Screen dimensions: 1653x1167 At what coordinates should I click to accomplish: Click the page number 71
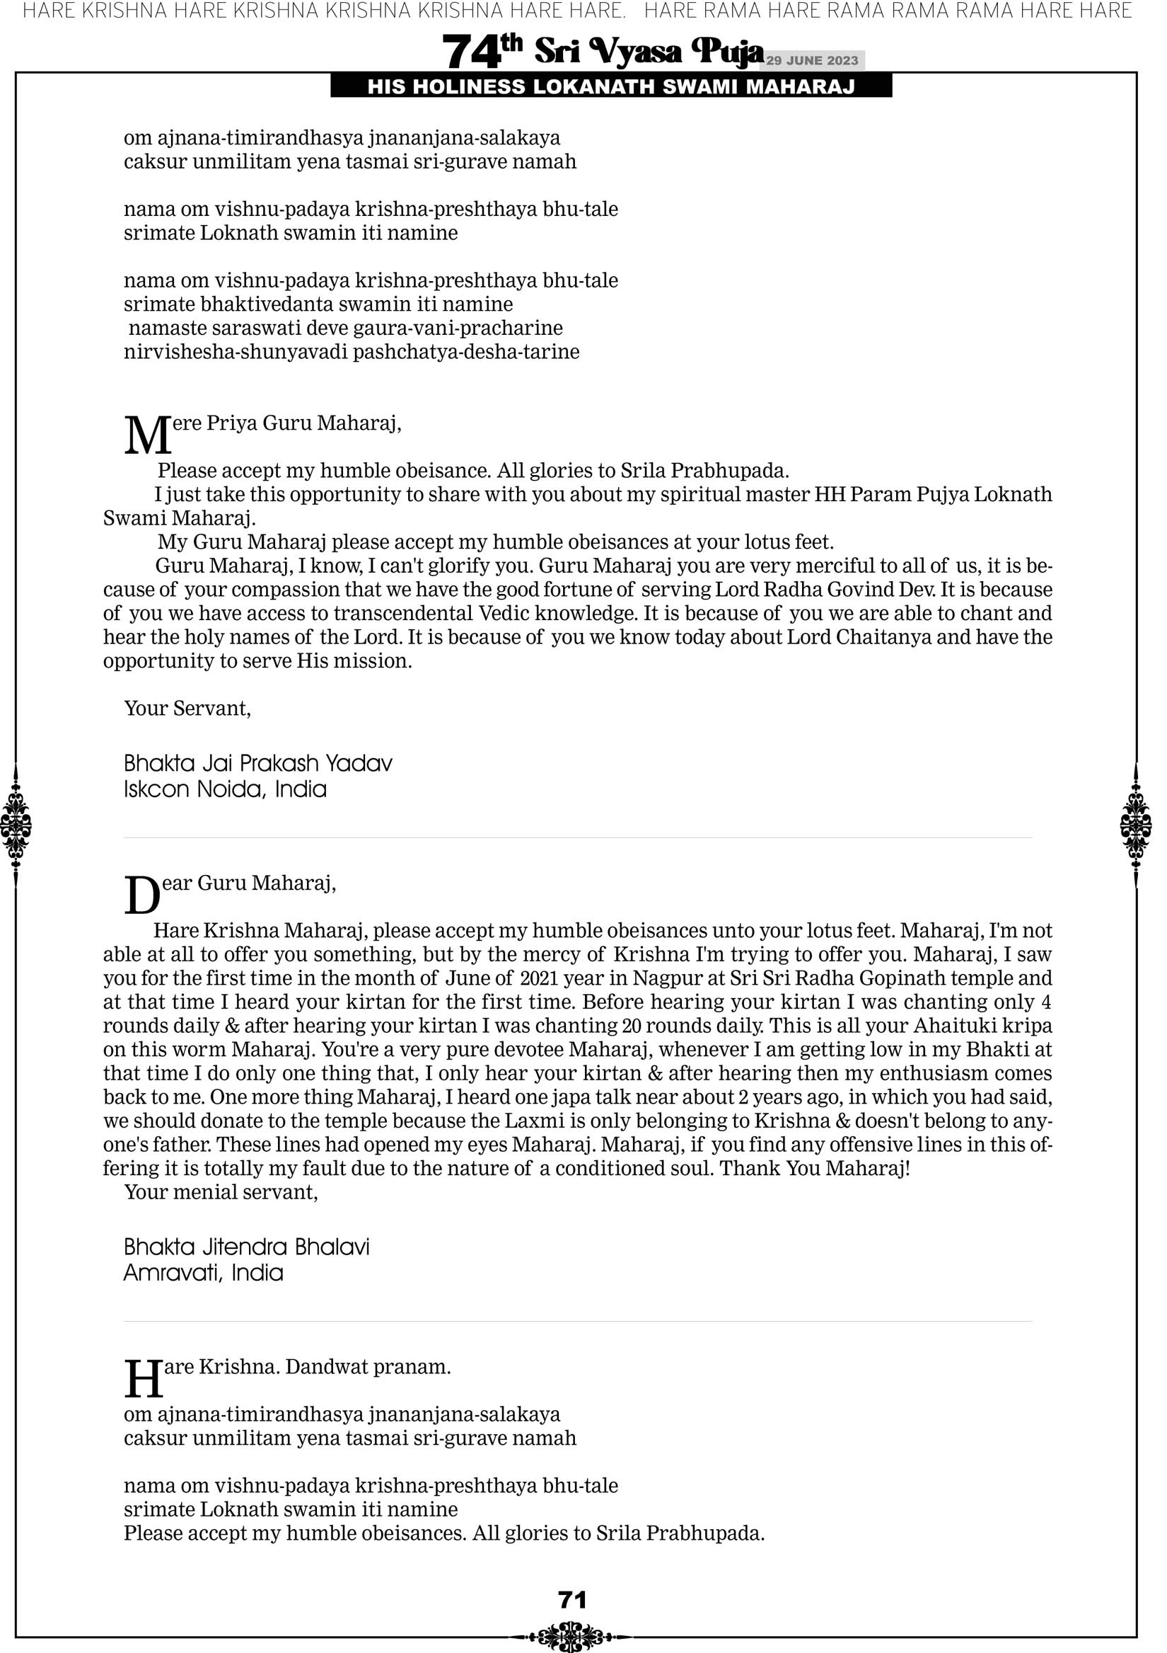572,1599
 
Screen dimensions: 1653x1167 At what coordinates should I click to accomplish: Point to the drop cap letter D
141,896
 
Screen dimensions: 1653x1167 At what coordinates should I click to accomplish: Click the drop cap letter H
143,1379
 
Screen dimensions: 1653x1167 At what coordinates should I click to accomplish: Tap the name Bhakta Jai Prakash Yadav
258,763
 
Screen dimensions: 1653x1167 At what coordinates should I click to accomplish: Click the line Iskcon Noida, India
225,789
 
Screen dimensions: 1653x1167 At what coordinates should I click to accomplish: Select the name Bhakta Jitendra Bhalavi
247,1247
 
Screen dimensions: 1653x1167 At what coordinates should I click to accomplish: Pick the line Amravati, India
204,1273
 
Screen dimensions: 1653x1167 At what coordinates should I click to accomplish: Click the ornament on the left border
16,825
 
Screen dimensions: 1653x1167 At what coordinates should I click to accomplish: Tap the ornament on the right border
1136,825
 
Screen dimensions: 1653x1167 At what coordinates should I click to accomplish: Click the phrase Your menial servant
221,1191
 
